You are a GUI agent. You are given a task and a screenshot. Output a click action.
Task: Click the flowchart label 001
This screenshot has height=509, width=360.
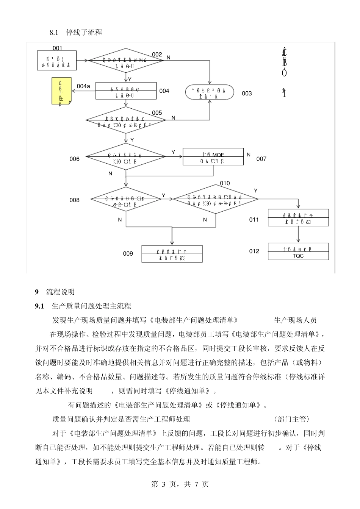tap(57, 48)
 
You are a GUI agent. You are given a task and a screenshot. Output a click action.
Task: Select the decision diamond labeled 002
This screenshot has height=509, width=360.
tap(125, 60)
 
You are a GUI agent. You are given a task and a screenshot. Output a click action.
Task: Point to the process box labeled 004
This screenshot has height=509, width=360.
tap(125, 91)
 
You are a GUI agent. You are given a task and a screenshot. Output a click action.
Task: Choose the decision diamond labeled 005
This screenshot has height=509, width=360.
tap(125, 120)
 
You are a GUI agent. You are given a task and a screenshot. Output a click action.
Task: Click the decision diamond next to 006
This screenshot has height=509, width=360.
tap(125, 156)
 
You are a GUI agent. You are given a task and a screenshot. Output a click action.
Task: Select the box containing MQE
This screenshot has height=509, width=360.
tap(213, 156)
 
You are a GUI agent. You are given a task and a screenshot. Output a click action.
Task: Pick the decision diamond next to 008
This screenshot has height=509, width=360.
tap(126, 199)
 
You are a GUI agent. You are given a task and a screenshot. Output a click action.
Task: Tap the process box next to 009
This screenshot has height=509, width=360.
tap(172, 254)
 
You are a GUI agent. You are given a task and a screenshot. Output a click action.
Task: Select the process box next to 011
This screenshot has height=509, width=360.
tap(298, 218)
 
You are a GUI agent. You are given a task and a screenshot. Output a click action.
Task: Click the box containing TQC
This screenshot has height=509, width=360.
tap(298, 252)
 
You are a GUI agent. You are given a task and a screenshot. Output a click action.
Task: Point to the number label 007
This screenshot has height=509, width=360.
tap(261, 159)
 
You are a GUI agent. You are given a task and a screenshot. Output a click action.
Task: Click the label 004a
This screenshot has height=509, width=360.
tap(83, 86)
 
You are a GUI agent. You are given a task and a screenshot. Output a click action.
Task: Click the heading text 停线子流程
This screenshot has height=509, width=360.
tap(84, 33)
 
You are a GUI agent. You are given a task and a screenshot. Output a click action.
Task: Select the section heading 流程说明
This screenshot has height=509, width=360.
tap(60, 292)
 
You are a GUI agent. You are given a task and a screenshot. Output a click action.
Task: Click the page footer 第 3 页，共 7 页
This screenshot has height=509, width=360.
tap(180, 484)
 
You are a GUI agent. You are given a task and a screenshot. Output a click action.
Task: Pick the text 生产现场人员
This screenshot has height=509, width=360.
tap(295, 320)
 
